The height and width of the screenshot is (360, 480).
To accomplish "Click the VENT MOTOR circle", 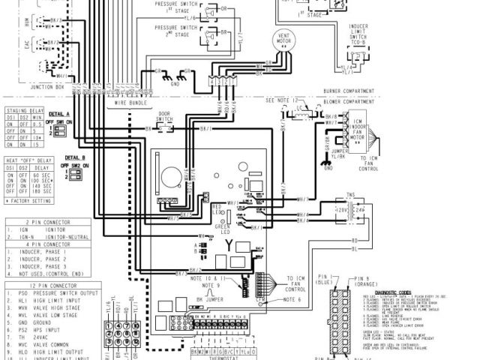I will click(284, 42).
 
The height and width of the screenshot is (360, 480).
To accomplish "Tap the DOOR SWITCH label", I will click(164, 118).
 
